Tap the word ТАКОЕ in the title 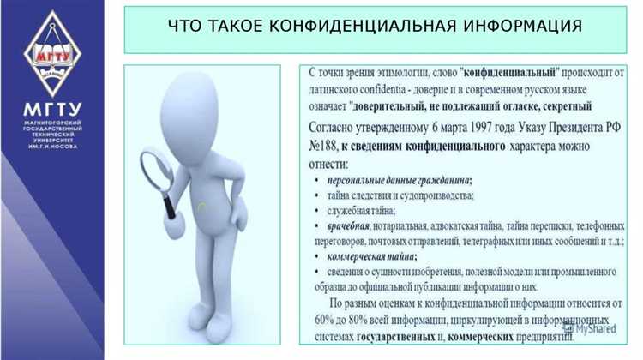(239, 27)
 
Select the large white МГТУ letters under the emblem (52, 109)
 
